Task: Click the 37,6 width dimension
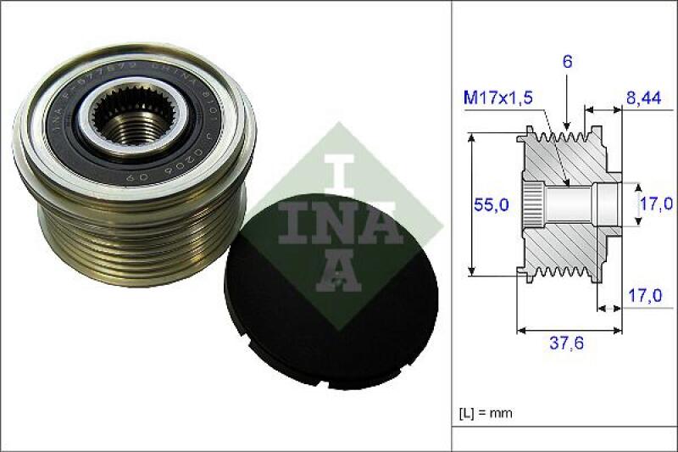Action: pos(565,344)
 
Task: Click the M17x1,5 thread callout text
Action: pos(497,98)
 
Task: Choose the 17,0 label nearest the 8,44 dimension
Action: pos(655,204)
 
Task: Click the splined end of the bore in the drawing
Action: pos(532,204)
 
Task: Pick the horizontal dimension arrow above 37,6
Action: pos(565,328)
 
